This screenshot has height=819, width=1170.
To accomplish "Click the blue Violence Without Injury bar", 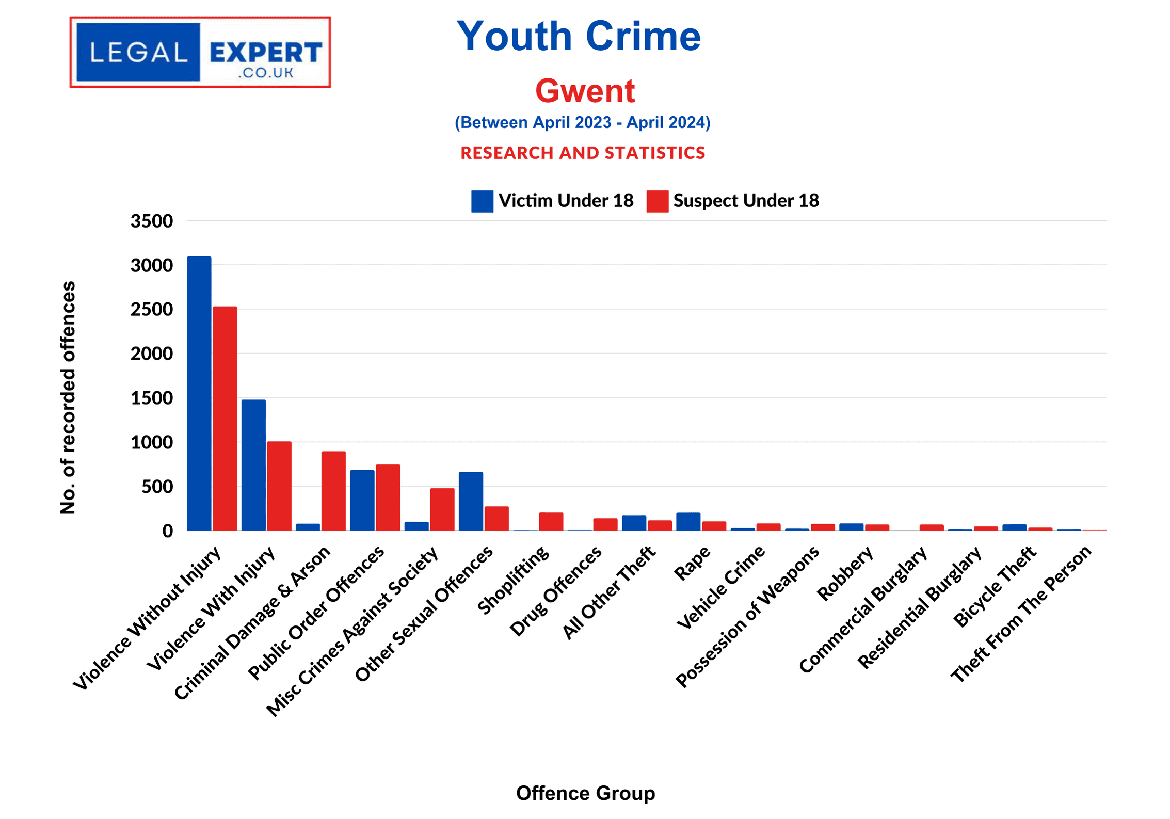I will click(x=199, y=393).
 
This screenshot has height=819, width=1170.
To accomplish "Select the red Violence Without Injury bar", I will click(x=225, y=419).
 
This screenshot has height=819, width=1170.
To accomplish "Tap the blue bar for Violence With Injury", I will click(x=253, y=465).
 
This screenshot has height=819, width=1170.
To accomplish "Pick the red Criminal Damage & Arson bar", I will click(x=333, y=491).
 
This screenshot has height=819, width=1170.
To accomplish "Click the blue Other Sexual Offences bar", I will click(x=471, y=501).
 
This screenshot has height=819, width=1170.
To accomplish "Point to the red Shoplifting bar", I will click(x=551, y=521).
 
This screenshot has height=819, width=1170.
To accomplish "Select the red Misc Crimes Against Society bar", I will click(x=442, y=509).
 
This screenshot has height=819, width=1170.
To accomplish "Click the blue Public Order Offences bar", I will click(x=362, y=500).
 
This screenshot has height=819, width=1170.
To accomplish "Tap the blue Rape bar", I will click(x=688, y=521).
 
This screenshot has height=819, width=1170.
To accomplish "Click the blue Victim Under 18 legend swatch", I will click(x=482, y=201).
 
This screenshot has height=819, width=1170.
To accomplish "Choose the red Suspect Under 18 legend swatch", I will click(x=657, y=201).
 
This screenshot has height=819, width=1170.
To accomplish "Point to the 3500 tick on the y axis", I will click(x=152, y=221).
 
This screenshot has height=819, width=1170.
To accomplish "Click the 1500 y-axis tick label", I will click(x=152, y=398).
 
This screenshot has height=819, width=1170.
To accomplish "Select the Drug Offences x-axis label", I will click(x=556, y=591).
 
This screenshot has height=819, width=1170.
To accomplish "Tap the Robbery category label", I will click(x=845, y=574).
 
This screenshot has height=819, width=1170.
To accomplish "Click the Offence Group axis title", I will click(x=585, y=793).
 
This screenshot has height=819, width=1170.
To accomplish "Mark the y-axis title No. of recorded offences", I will click(x=68, y=397).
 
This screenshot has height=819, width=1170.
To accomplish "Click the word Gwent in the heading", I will click(x=585, y=91).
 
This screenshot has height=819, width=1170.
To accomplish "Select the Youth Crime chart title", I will click(x=579, y=36).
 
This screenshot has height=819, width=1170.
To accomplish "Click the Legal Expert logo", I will click(x=200, y=52).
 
